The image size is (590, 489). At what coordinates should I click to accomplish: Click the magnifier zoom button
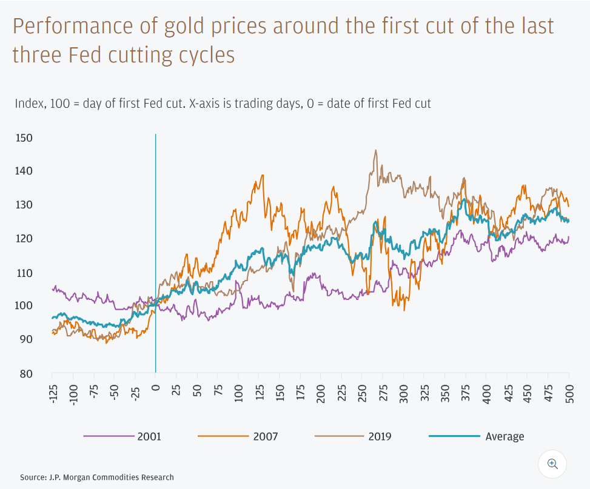tap(552, 464)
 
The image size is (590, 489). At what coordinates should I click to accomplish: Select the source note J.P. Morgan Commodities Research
tap(97, 477)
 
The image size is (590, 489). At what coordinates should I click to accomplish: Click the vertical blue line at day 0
tap(156, 242)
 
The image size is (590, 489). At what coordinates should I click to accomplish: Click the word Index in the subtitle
tap(28, 104)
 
